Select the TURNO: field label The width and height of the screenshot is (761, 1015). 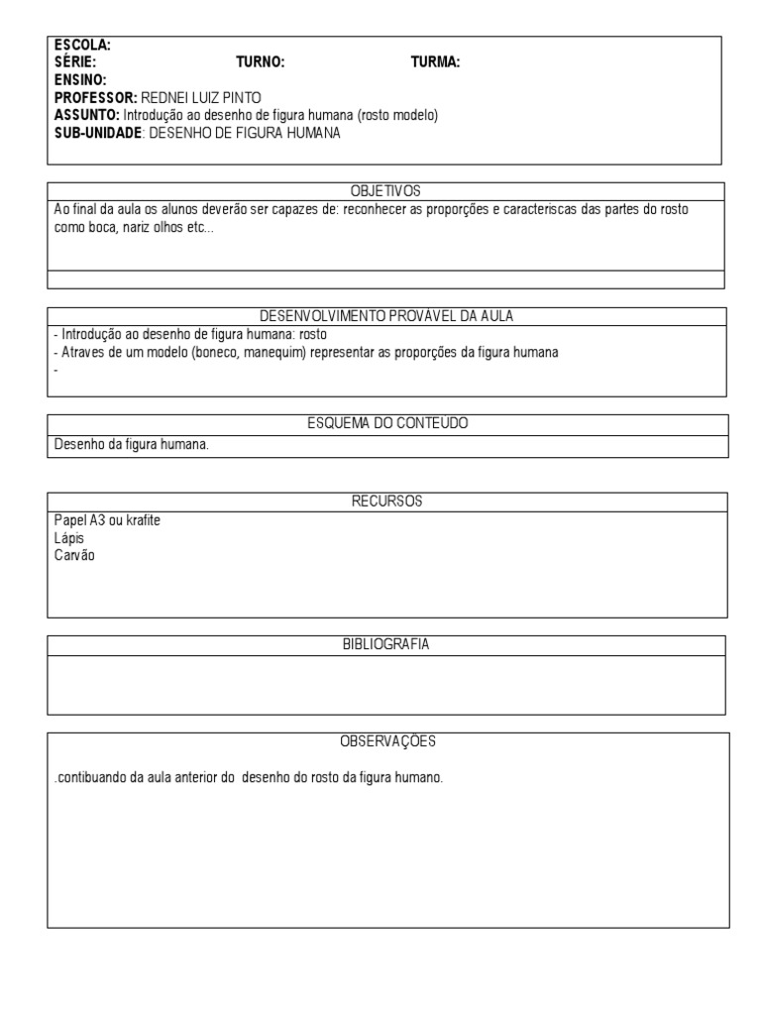click(x=260, y=62)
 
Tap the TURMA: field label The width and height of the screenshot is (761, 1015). click(x=435, y=62)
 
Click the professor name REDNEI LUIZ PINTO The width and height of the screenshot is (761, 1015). click(x=202, y=98)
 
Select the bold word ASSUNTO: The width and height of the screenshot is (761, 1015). click(x=86, y=116)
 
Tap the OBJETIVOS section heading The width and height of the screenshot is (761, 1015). click(x=386, y=190)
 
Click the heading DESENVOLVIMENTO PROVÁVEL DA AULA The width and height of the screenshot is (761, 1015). click(x=386, y=316)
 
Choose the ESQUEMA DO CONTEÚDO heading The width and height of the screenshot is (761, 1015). click(x=387, y=423)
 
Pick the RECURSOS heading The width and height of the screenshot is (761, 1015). click(x=386, y=502)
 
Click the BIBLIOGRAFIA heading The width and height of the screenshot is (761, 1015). click(x=386, y=644)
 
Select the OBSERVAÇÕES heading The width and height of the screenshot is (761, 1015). click(x=387, y=740)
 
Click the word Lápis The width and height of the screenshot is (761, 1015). click(x=68, y=538)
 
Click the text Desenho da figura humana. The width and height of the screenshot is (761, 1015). click(x=131, y=445)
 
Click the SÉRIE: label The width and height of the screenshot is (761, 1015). click(x=75, y=62)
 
